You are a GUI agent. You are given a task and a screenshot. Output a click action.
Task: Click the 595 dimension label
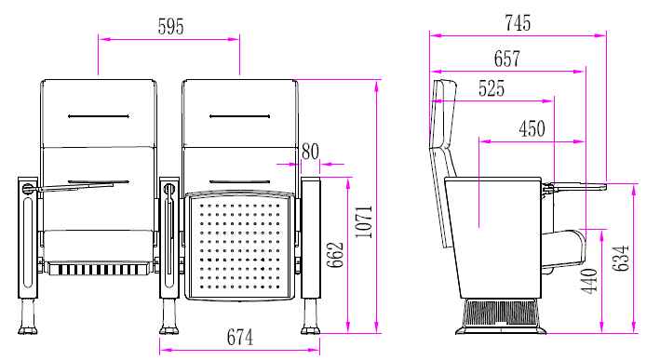click(171, 26)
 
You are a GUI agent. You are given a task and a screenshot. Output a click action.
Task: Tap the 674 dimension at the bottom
click(240, 338)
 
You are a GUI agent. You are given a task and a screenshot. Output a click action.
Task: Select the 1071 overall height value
click(364, 221)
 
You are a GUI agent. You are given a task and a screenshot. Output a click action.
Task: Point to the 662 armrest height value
click(335, 255)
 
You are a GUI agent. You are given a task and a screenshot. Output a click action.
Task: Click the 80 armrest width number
click(310, 152)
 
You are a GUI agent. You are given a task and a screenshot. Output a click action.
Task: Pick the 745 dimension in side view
click(518, 22)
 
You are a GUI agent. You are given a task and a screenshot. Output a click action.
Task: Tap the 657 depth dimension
click(507, 59)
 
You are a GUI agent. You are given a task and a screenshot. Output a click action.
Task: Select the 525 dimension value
click(492, 88)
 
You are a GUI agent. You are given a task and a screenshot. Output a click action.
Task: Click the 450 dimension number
click(532, 128)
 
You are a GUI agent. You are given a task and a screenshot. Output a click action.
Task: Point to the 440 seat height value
click(589, 281)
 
